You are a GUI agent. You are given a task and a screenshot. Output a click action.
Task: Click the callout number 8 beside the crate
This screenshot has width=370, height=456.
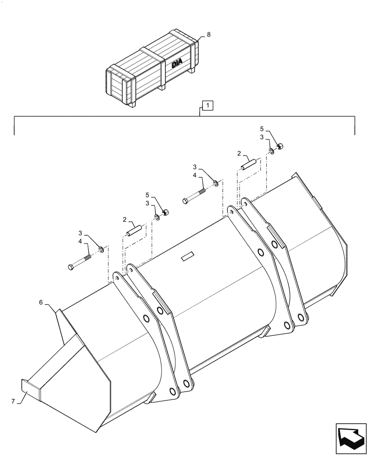pyautogui.click(x=208, y=34)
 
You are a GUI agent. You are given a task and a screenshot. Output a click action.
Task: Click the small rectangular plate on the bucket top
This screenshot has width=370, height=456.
pyautogui.click(x=187, y=258)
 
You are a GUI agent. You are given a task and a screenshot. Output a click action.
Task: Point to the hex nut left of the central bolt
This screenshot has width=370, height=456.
pyautogui.click(x=166, y=212)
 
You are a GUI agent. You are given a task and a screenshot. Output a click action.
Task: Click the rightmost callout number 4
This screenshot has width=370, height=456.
pyautogui.click(x=195, y=176)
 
